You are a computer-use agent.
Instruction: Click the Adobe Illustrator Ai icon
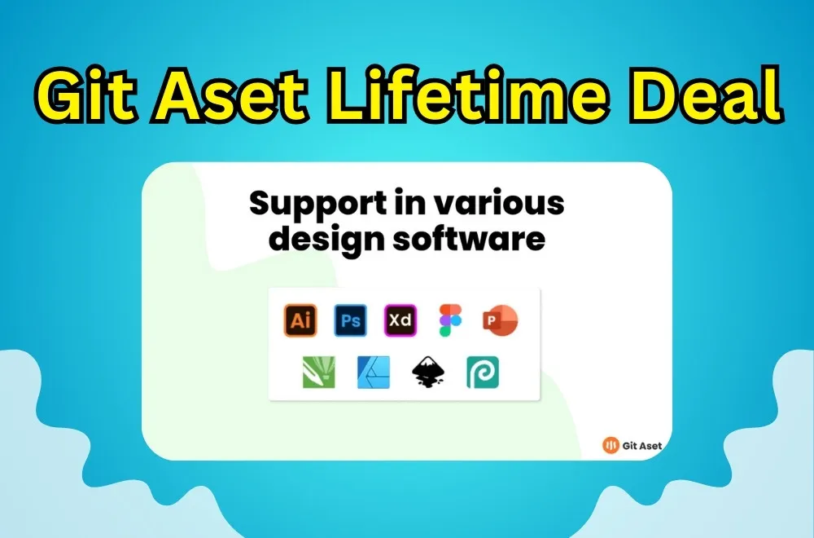(x=300, y=320)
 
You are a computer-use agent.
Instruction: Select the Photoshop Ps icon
(x=350, y=320)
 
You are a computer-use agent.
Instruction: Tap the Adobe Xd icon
(x=400, y=320)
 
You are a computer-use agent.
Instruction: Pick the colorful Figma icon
(x=449, y=320)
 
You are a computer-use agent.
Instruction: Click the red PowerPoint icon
(x=499, y=320)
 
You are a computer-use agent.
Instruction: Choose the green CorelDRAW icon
(x=318, y=372)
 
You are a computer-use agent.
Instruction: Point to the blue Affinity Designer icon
(x=374, y=372)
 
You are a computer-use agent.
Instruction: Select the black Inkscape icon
(x=429, y=372)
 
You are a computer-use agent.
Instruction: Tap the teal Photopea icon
(x=483, y=372)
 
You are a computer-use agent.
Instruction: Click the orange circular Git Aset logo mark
(x=610, y=444)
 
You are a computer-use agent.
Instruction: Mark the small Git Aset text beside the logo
(x=642, y=445)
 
